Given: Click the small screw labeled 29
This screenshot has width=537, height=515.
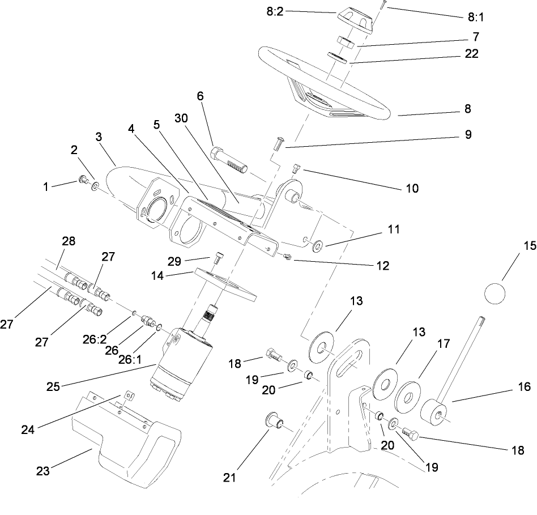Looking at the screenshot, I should click(x=219, y=259).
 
